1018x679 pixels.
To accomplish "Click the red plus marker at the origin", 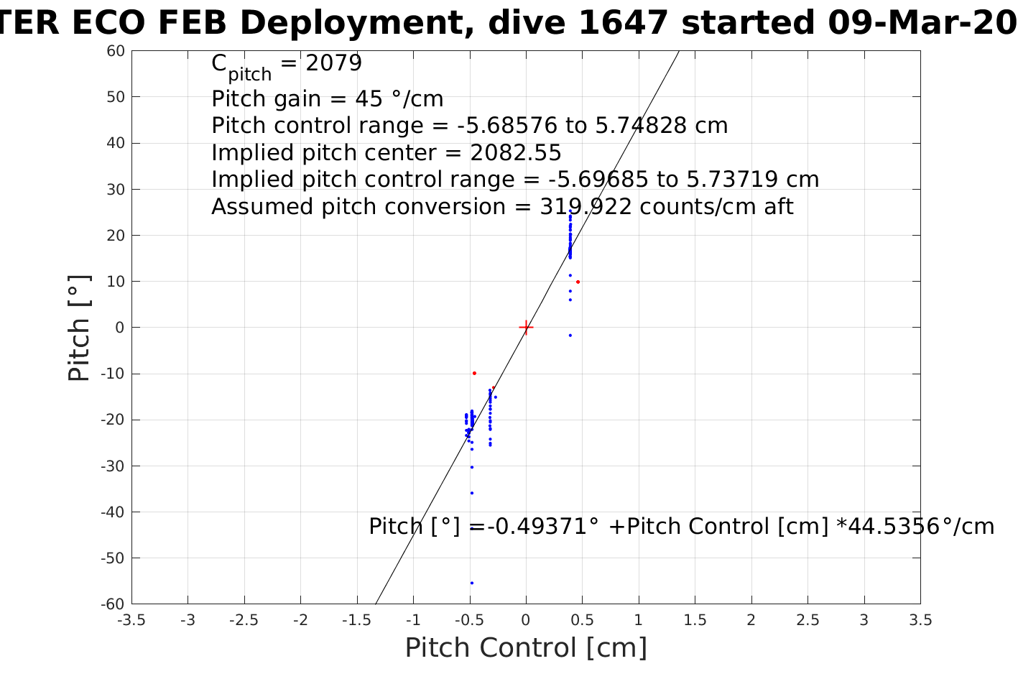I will [x=526, y=328].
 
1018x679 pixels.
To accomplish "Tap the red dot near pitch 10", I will [x=578, y=282].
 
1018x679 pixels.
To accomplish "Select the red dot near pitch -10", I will [x=474, y=373].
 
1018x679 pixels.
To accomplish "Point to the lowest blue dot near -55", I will [x=471, y=583].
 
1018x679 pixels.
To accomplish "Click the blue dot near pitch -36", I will [x=471, y=493].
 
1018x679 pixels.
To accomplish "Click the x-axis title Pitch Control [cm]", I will [x=526, y=648].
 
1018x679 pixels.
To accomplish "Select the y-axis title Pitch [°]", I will [x=79, y=328].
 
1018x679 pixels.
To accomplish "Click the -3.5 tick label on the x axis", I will [x=131, y=620].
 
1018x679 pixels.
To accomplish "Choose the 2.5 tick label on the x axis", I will [x=808, y=620].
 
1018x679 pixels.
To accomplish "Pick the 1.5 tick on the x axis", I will [x=695, y=620].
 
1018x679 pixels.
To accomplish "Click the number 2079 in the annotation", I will [x=334, y=64].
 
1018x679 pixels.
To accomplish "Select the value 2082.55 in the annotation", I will [x=516, y=153].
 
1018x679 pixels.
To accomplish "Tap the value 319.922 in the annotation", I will [x=586, y=207].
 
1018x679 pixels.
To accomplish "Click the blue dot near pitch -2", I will [x=570, y=336].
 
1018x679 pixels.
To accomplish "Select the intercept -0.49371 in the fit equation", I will [x=542, y=527].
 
